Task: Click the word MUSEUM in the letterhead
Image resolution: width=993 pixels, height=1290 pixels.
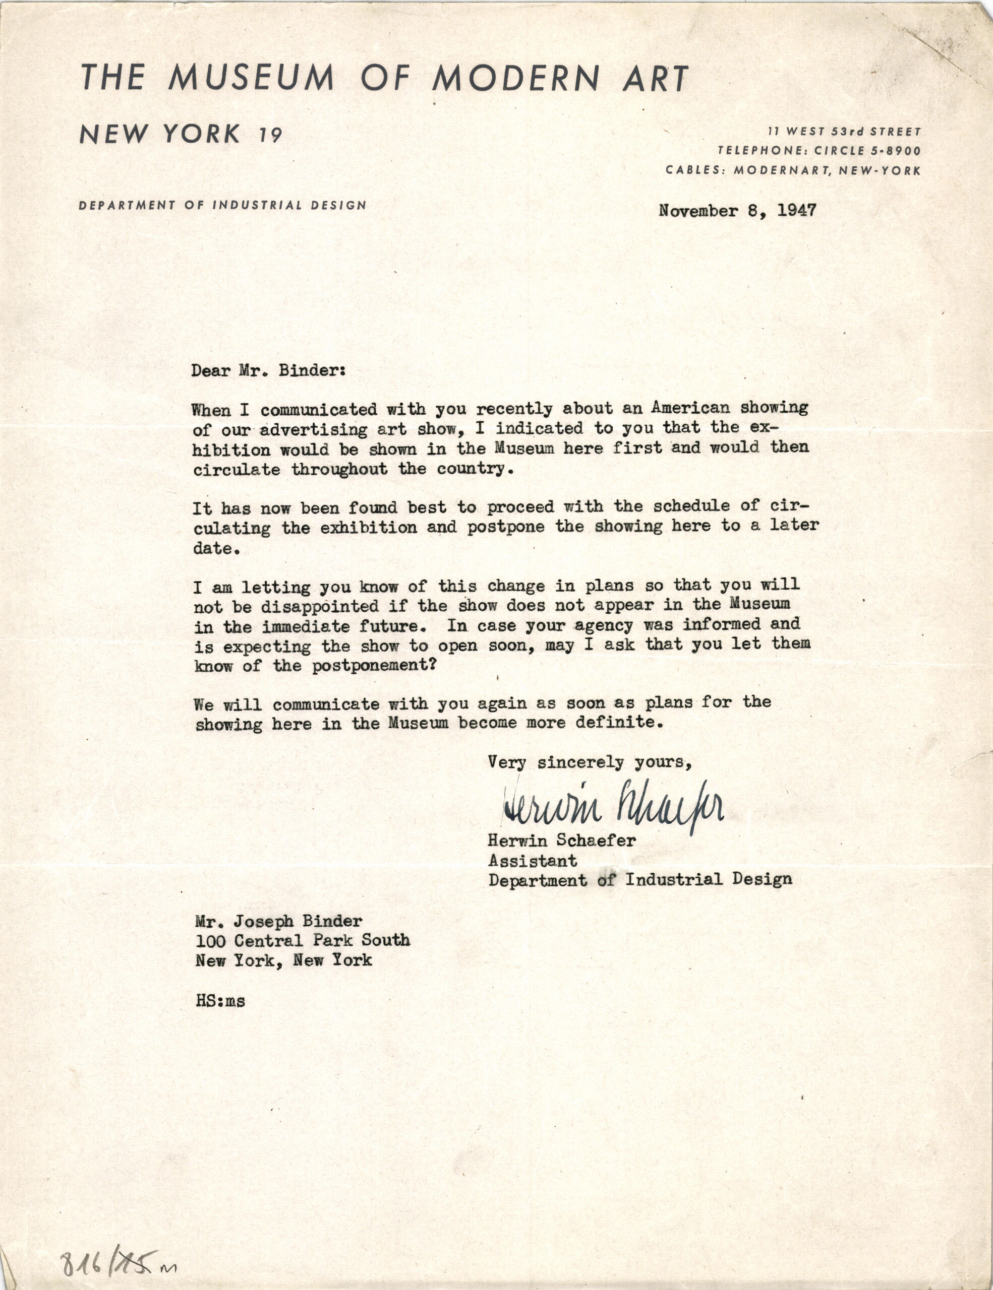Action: coord(251,78)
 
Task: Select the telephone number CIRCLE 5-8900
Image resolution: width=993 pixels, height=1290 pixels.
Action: coord(867,151)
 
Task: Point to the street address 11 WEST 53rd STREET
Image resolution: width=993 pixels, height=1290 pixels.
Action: coord(845,131)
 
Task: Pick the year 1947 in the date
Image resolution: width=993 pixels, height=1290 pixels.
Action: coord(796,211)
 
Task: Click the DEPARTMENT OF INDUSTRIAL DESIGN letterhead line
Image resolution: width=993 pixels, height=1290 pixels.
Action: coord(222,206)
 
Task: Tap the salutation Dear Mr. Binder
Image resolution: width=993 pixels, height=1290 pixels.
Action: coord(268,371)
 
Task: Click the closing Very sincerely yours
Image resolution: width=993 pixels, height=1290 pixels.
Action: coord(590,762)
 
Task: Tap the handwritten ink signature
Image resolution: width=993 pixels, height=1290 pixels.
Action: coord(612,807)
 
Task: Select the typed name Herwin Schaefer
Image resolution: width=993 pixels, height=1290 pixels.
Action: coord(561,841)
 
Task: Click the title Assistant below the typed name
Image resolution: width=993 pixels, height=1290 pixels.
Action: coord(533,861)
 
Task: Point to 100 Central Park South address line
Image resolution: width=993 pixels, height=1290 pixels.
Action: coord(303,940)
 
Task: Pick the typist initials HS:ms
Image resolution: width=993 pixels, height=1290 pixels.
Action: coord(220,1001)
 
